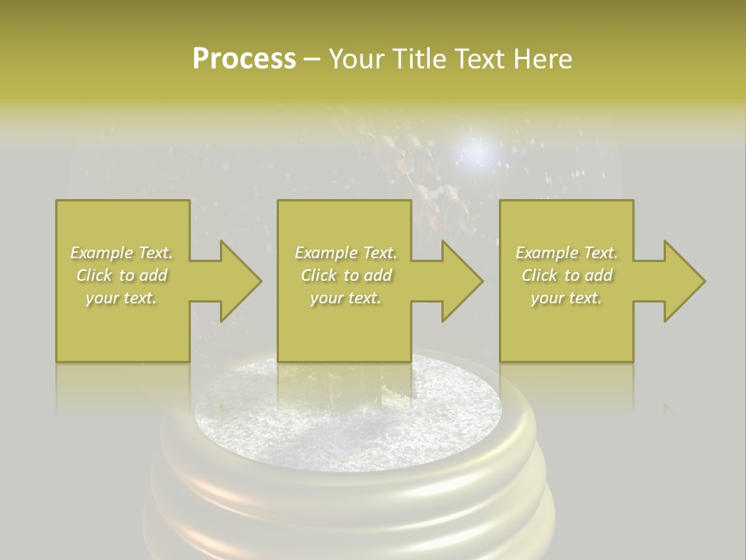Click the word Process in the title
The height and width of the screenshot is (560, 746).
tap(244, 59)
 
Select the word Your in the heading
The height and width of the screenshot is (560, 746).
tap(354, 59)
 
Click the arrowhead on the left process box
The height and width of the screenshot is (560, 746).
tap(240, 282)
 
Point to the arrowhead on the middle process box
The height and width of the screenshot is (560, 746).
tap(462, 282)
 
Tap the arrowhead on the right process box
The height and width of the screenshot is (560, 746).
tap(684, 282)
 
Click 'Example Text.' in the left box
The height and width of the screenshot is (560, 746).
tap(121, 253)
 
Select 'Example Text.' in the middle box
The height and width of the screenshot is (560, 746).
tap(345, 253)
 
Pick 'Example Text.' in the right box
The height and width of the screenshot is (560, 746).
tap(566, 253)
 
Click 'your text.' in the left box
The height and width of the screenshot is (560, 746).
tap(121, 298)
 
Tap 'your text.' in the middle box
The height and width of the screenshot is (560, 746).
tap(345, 298)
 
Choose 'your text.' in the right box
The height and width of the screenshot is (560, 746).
tap(566, 298)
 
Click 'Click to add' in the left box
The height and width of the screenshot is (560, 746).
tap(121, 275)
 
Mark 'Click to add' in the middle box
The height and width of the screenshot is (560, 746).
tap(345, 275)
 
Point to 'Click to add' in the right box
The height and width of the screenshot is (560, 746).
tap(566, 275)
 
